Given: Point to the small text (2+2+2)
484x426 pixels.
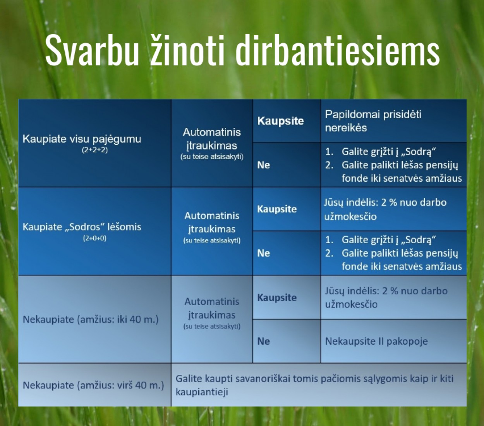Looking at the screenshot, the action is tap(95, 150).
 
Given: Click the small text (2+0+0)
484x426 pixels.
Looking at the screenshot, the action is tap(95, 238).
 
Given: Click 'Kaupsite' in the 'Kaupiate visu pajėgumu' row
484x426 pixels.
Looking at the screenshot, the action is tap(280, 121).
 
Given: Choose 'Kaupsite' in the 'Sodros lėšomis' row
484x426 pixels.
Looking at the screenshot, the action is tap(277, 209).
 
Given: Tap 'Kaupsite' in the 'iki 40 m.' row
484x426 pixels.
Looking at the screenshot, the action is tap(277, 297).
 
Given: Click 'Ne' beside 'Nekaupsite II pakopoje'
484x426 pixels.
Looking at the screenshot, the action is tap(264, 342).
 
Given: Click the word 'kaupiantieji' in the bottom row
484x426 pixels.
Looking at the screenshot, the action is tap(202, 392).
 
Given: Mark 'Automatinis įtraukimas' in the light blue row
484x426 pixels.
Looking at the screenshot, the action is tap(212, 308).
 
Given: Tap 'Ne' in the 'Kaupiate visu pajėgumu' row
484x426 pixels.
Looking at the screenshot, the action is tap(264, 165).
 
